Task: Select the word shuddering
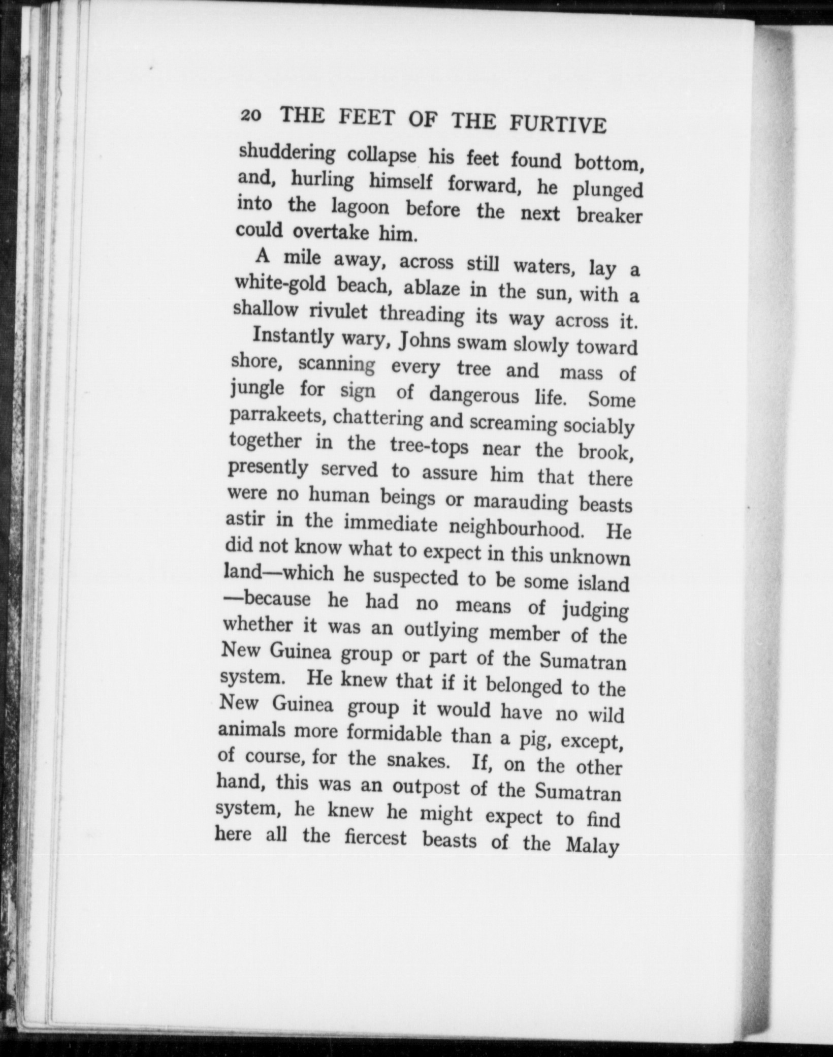coord(286,153)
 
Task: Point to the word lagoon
coord(360,207)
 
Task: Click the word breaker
coord(610,215)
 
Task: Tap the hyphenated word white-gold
coord(280,285)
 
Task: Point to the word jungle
coord(257,390)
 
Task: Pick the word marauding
coord(521,502)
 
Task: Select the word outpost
coord(426,788)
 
